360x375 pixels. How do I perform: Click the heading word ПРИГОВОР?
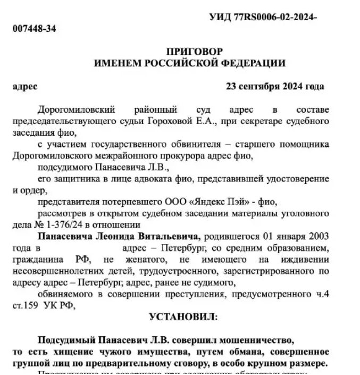pos(189,52)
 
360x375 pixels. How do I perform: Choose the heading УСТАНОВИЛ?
pos(183,317)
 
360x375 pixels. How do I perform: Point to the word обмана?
pos(240,352)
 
